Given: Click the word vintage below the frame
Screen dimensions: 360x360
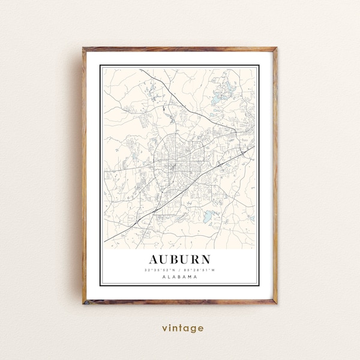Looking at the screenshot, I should point(182,328).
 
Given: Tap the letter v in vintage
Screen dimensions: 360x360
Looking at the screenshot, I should point(164,328).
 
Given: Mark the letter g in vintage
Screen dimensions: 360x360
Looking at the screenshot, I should point(194,329).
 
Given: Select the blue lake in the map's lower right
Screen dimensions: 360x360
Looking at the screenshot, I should point(209,214).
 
